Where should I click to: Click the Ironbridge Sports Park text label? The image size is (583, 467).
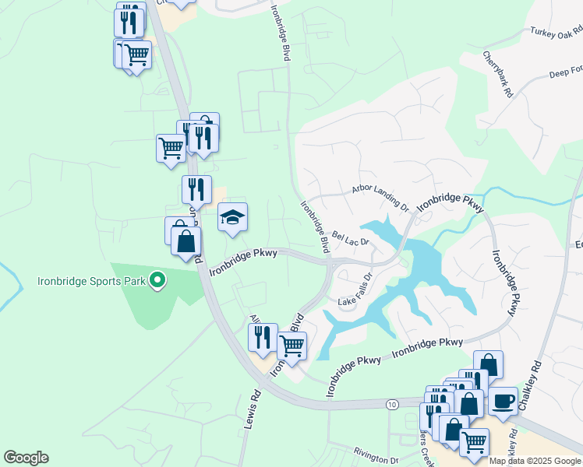point(92,280)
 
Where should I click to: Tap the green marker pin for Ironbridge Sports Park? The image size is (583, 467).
point(157,279)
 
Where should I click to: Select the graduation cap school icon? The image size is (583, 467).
point(232,218)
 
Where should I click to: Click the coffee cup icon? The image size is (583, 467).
point(503,401)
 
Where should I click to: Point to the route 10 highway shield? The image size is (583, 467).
point(390,403)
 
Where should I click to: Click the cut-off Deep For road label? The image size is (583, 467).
point(566,72)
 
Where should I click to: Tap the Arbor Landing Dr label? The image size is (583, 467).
point(380,198)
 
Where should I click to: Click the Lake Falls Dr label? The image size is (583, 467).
point(357,289)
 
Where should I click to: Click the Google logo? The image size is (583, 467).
point(26,458)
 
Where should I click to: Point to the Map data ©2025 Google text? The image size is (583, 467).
point(535,461)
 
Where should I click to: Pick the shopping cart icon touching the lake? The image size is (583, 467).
point(291,346)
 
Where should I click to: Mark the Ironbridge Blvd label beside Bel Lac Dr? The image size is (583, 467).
point(314,226)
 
